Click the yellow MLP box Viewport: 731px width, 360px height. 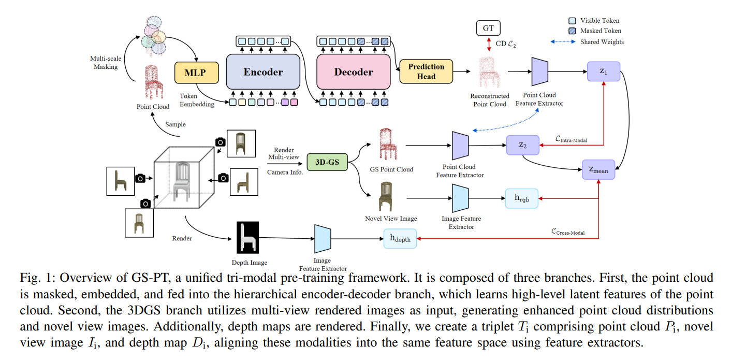[x=195, y=73]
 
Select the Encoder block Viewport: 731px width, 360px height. [x=263, y=72]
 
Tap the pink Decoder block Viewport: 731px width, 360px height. [x=353, y=72]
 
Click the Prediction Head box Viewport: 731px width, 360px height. [x=426, y=71]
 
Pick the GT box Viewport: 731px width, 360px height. [x=488, y=28]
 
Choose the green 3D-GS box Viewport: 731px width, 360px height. [x=327, y=162]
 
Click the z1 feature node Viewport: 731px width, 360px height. [x=603, y=71]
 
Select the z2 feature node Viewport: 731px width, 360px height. [x=522, y=146]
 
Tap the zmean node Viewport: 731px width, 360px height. [x=598, y=169]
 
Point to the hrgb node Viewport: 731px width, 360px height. [x=521, y=198]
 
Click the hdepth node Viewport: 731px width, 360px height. [x=400, y=238]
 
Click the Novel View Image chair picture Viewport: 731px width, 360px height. [x=386, y=196]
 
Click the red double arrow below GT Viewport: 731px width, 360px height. [x=488, y=44]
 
